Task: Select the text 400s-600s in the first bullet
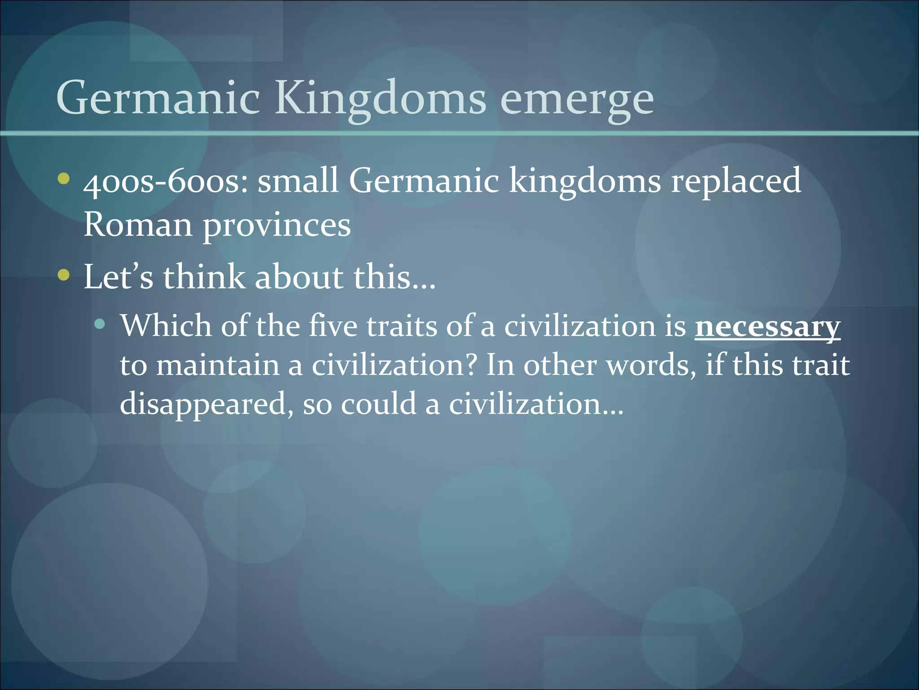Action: click(x=165, y=181)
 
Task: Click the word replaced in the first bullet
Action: click(x=736, y=181)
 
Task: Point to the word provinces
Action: click(x=277, y=225)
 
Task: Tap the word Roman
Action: click(x=138, y=224)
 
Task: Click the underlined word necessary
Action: click(x=767, y=327)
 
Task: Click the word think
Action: click(x=204, y=277)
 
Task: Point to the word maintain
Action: click(x=218, y=365)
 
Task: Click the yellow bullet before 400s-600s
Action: click(x=64, y=179)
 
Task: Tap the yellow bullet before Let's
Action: click(x=64, y=275)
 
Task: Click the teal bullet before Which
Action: click(x=100, y=324)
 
